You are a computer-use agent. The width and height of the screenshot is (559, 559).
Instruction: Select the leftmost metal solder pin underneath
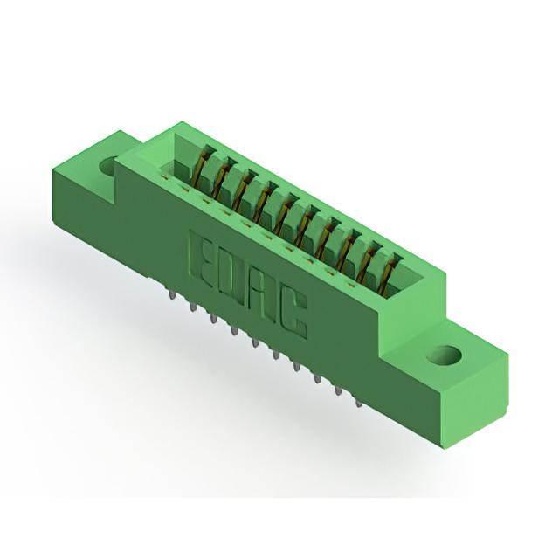point(173,295)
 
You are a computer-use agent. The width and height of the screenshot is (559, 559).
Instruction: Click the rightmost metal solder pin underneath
point(359,403)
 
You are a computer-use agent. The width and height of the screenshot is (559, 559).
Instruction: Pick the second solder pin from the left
point(193,307)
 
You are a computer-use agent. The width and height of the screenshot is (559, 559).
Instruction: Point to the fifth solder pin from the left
point(254,343)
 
